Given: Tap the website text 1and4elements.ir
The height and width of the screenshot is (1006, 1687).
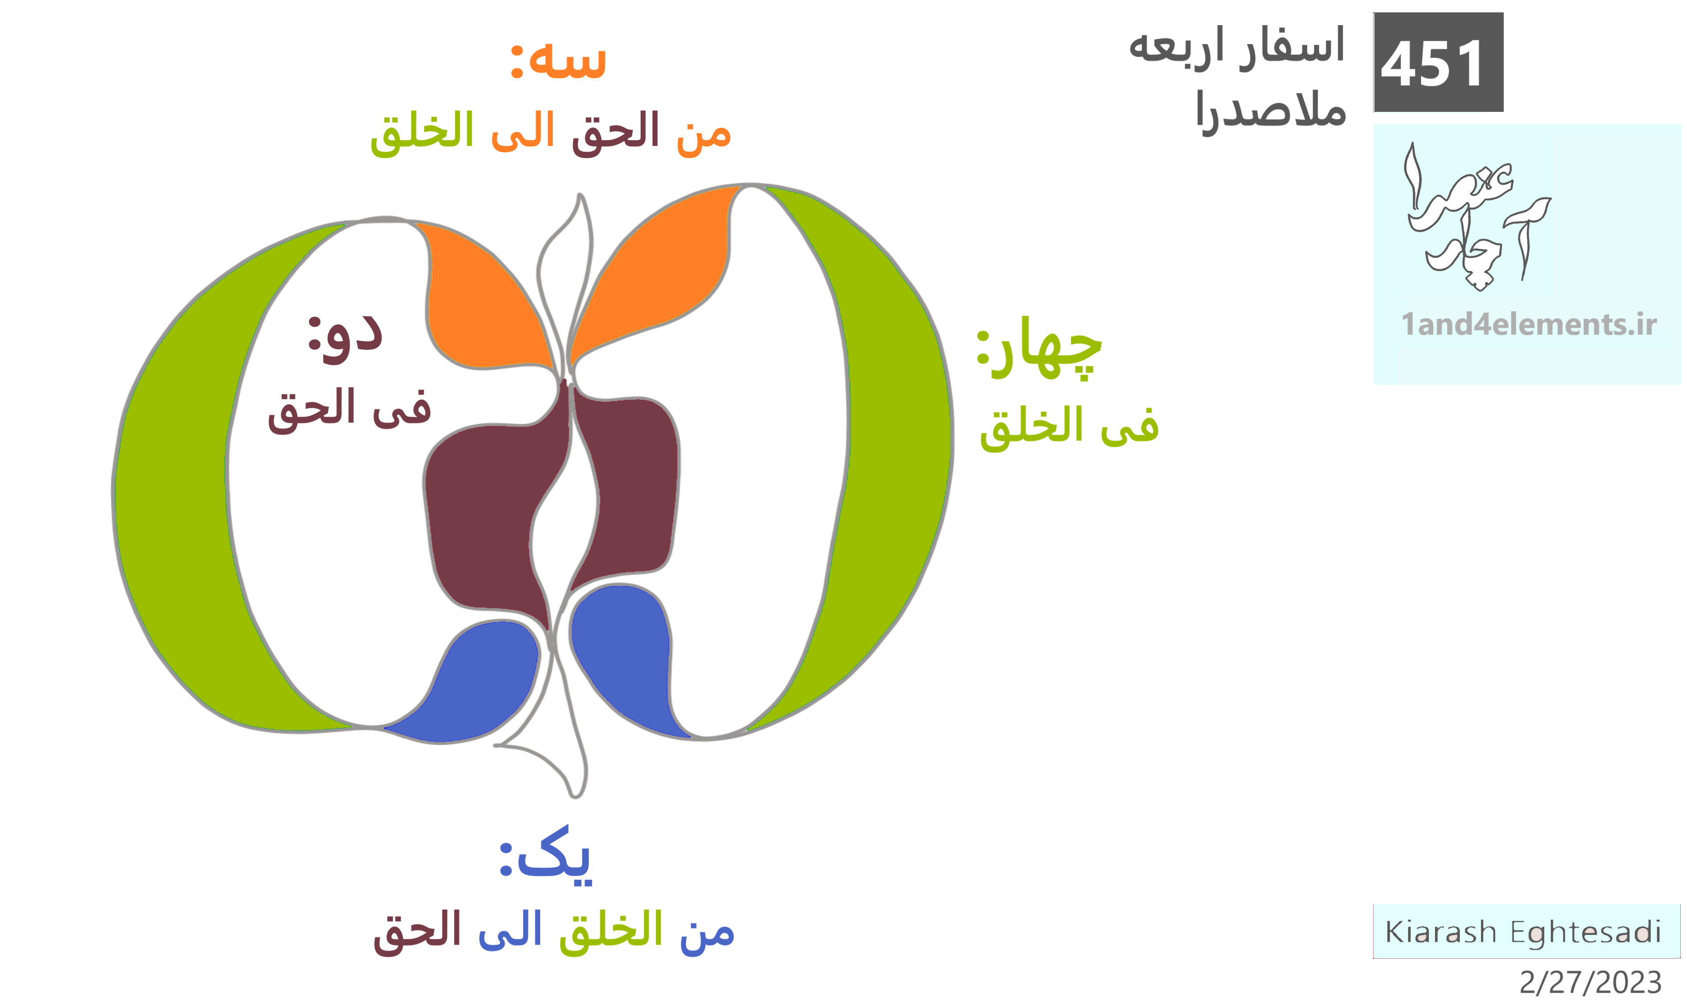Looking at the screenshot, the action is (x=1528, y=324).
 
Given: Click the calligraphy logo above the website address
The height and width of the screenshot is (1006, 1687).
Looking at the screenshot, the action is (x=1477, y=217).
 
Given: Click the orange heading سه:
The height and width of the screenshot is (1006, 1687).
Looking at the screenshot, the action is (x=558, y=60).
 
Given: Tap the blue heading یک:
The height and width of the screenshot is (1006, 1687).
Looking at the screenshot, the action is (x=546, y=856).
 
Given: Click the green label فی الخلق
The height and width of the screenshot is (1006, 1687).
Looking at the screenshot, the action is (x=1069, y=427).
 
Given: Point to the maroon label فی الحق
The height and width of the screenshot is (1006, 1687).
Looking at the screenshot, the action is (x=350, y=410).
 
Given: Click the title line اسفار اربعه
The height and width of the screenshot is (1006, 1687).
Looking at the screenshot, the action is (x=1237, y=47).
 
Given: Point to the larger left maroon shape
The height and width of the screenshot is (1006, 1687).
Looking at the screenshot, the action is (x=488, y=515).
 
